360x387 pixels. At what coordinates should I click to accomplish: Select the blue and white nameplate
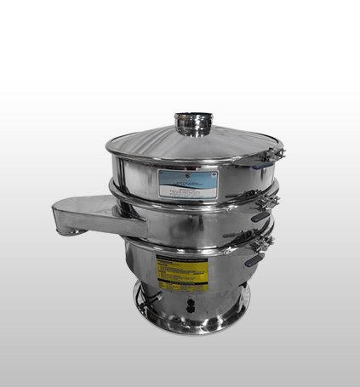[x=187, y=182]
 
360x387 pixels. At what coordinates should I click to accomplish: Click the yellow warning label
[x=183, y=272]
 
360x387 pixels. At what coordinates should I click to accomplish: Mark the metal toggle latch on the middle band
[x=270, y=201]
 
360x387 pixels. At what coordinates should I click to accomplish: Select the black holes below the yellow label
[x=191, y=301]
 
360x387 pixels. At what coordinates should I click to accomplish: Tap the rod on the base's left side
[x=153, y=300]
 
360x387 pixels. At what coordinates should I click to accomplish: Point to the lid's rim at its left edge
[x=109, y=151]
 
